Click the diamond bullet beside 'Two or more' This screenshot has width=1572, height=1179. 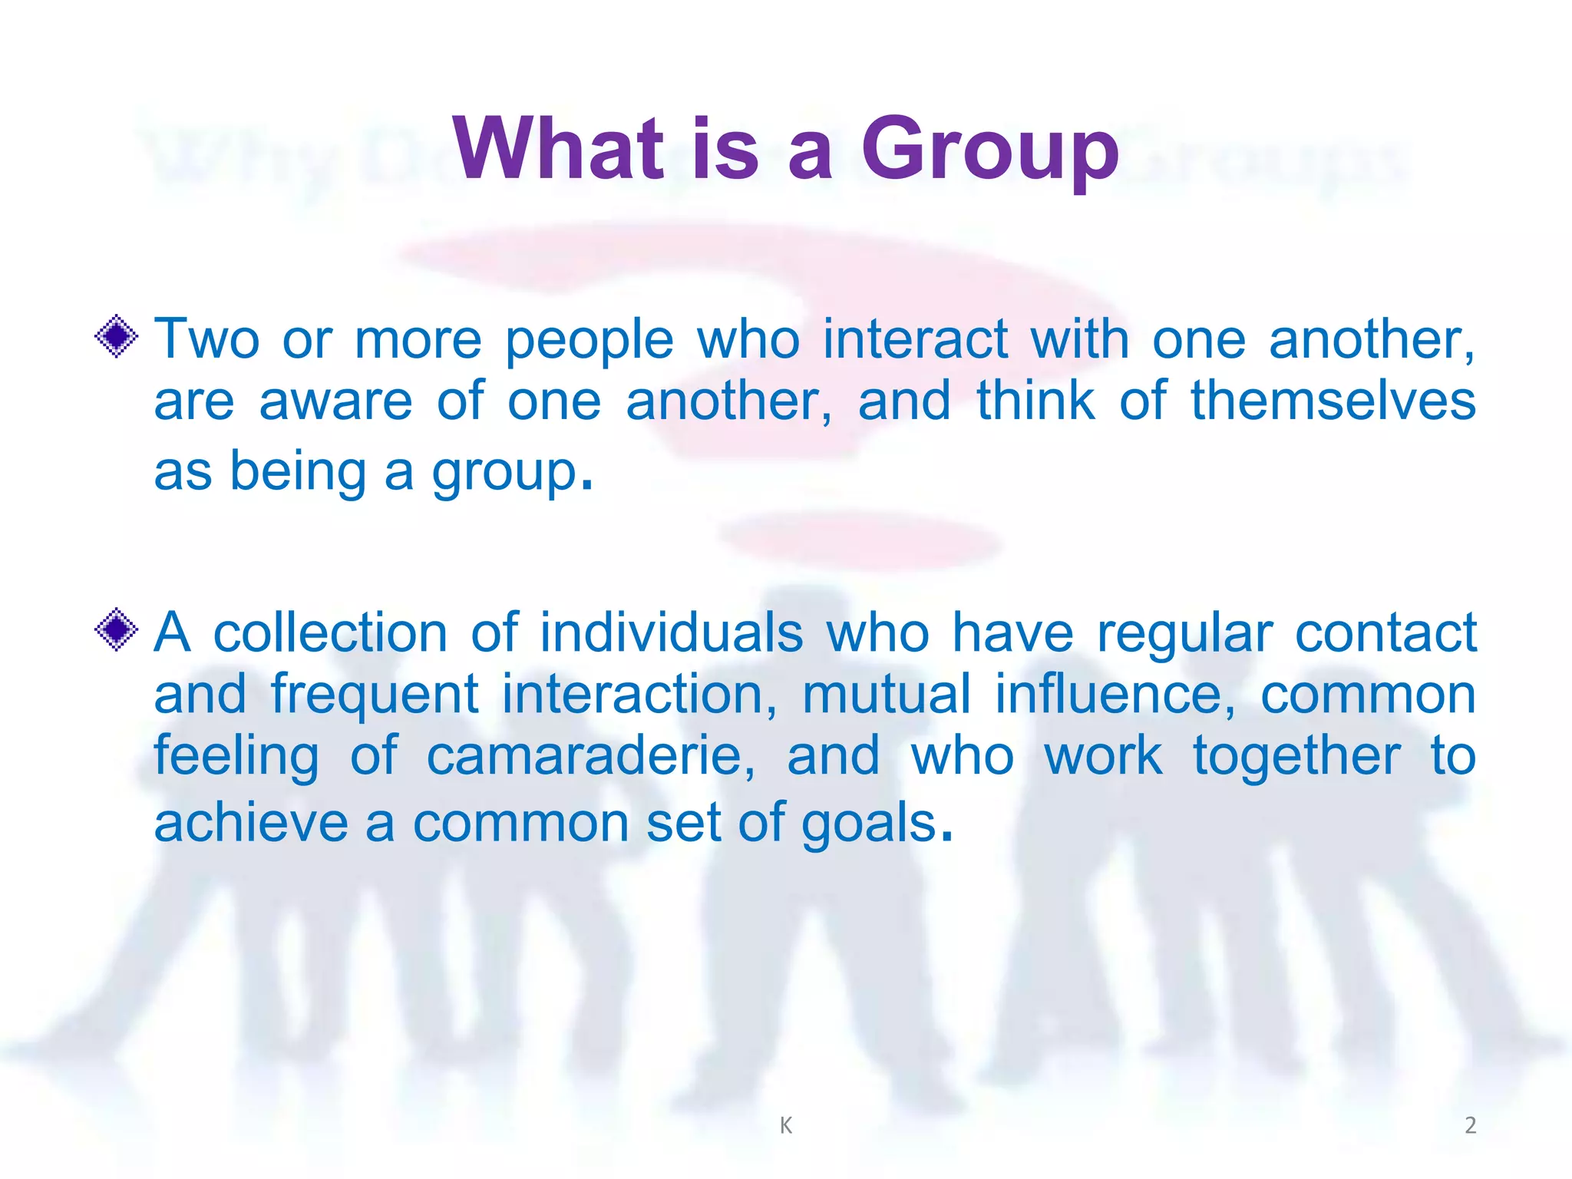coord(117,336)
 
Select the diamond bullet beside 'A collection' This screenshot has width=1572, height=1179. coord(117,629)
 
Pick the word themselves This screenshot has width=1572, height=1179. coord(1333,401)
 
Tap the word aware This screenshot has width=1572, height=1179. coord(335,401)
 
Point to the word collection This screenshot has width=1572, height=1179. coord(330,632)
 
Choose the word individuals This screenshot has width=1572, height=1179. coord(672,632)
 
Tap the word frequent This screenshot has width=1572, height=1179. coord(375,695)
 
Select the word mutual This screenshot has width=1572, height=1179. coord(887,694)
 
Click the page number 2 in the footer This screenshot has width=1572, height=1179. coord(1470,1125)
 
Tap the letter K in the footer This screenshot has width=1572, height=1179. coord(785,1125)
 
